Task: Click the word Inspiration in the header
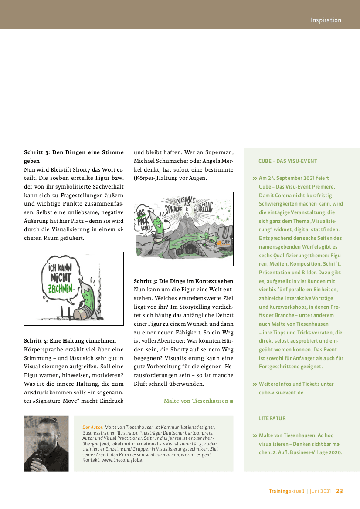326,20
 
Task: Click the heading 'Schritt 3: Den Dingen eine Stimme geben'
74,156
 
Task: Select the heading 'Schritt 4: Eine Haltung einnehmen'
70,341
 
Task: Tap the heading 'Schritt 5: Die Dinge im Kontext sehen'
183,281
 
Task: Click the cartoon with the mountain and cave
183,229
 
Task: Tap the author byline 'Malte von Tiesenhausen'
196,401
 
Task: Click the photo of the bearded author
46,443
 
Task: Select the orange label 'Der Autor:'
93,428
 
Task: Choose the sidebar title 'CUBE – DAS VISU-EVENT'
288,161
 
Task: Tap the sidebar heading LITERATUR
272,418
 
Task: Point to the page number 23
339,491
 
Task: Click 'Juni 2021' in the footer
320,491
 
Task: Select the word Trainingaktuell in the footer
287,491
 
